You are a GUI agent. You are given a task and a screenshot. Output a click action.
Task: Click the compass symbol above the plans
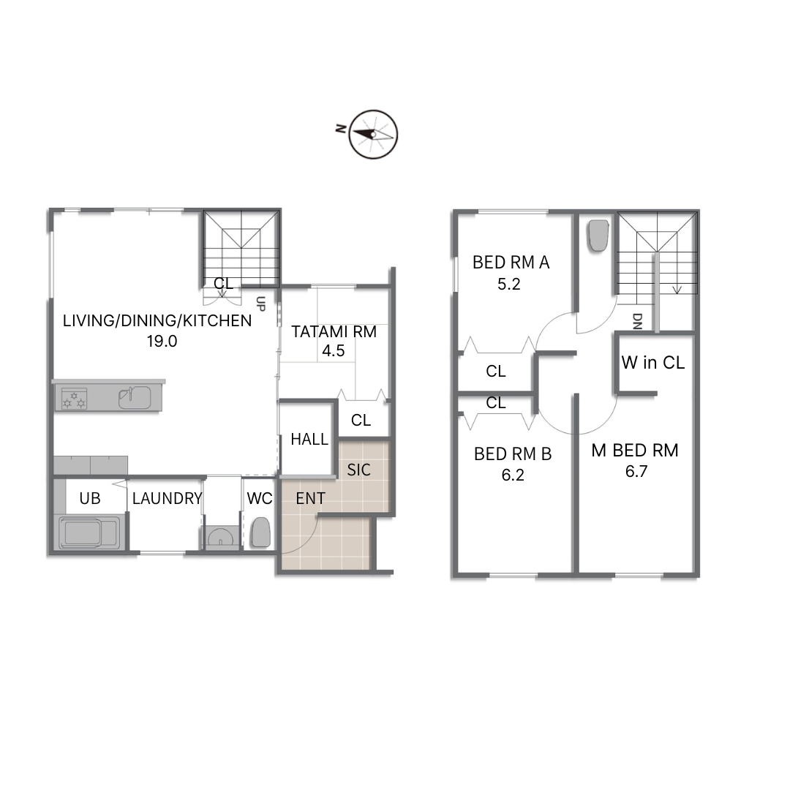coord(373,135)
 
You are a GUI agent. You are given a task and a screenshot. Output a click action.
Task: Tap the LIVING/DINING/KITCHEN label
coord(157,320)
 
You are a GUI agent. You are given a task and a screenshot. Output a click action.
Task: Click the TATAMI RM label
coord(334,331)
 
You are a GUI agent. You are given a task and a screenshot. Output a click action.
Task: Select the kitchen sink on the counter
coord(135,397)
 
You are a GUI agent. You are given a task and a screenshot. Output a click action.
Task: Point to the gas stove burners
coord(74,398)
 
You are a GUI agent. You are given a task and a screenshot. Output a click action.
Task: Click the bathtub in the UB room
coord(90,533)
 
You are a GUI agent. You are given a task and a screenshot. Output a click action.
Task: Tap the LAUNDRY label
coord(167,498)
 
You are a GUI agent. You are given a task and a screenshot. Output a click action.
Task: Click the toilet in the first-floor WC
coord(260,533)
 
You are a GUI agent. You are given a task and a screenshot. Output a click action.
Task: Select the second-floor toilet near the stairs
coord(598,236)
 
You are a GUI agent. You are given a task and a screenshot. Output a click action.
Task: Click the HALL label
coord(309,440)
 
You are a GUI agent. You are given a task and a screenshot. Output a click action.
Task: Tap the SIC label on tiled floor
coord(358,470)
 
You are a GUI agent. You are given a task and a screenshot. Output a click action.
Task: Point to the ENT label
coord(310,498)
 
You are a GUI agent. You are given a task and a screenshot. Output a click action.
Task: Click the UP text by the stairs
coord(260,304)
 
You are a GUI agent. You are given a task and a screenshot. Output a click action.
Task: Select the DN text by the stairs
coord(637,321)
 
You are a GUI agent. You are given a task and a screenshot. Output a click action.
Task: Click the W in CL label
coord(653,362)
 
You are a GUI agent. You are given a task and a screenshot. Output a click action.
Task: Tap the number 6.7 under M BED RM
coord(636,472)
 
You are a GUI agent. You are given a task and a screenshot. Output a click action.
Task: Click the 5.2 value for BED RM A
coord(509,284)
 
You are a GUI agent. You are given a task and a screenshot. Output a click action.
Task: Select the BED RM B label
coord(513,454)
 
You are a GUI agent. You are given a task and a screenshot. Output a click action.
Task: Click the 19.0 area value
coord(162,342)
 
